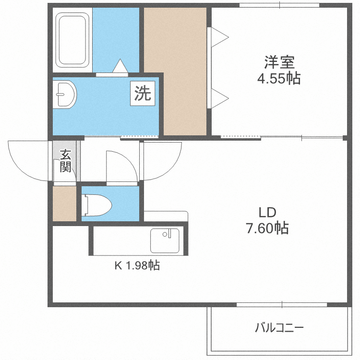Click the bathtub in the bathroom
coord(72,40)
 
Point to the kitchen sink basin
coord(165,240)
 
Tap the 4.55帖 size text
coord(278,78)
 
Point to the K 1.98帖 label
coord(136,265)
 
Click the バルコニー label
coord(279,328)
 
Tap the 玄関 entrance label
coord(65,161)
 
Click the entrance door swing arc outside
coord(29,161)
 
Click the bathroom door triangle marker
coord(120,65)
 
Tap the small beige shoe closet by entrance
coord(64,203)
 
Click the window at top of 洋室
coord(279,6)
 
